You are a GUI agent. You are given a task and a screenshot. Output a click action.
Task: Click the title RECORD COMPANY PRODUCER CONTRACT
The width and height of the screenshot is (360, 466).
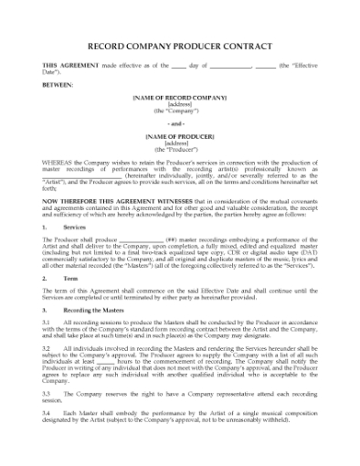pos(180,43)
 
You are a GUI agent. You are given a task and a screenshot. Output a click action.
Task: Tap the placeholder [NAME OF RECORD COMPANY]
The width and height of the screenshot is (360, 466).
pos(179,96)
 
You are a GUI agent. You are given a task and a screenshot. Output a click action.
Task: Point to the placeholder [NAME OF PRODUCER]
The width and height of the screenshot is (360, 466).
pos(179,136)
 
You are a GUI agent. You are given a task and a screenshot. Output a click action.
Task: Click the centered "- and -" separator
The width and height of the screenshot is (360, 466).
pos(179,122)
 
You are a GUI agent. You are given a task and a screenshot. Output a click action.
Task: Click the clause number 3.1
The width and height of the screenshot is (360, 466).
pos(48,323)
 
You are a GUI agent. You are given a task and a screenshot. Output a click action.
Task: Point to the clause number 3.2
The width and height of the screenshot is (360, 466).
pos(48,348)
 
